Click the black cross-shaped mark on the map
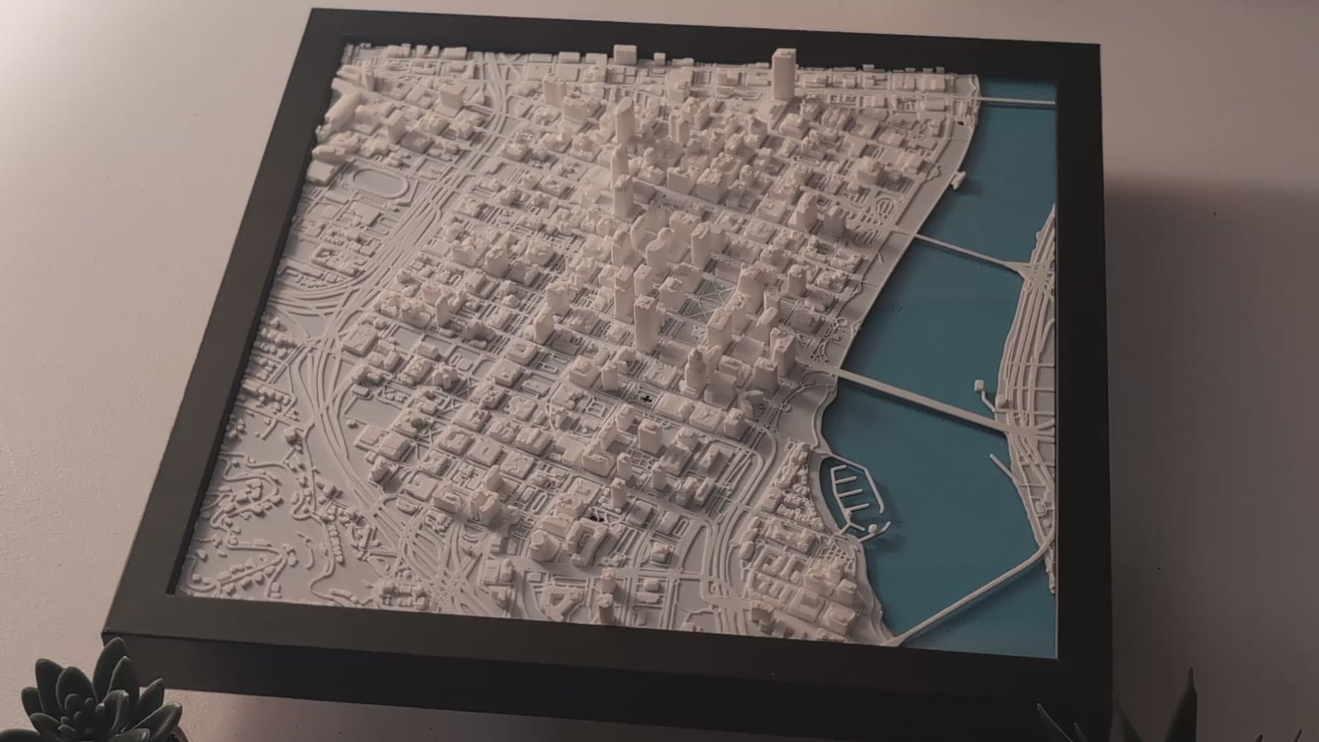[x=645, y=398]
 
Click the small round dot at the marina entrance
[x=872, y=529]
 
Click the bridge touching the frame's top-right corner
[x=1017, y=102]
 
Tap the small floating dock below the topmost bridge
[x=956, y=179]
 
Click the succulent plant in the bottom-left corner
[x=103, y=694]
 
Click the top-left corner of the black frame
[x=313, y=12]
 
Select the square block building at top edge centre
[x=624, y=54]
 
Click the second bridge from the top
[x=969, y=250]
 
